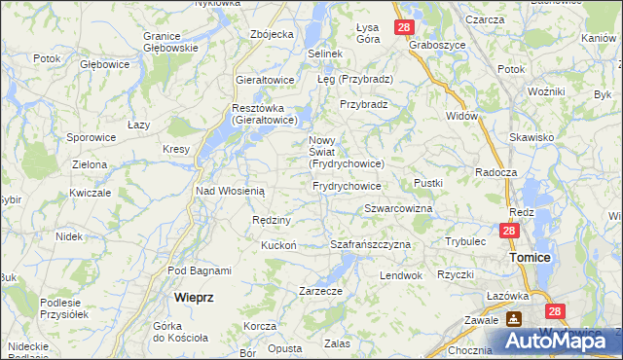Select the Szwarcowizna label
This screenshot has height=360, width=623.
click(x=398, y=209)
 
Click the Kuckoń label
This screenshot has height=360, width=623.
click(x=278, y=245)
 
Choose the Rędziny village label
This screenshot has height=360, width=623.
click(x=267, y=220)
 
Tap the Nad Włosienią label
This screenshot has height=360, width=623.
click(x=231, y=191)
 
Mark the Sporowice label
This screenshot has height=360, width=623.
click(x=92, y=138)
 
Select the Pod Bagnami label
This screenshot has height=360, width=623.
click(x=200, y=270)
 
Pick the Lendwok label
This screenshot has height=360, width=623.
click(x=401, y=275)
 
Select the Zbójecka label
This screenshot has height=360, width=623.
click(x=272, y=34)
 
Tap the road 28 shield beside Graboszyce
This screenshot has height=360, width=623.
click(x=404, y=28)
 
